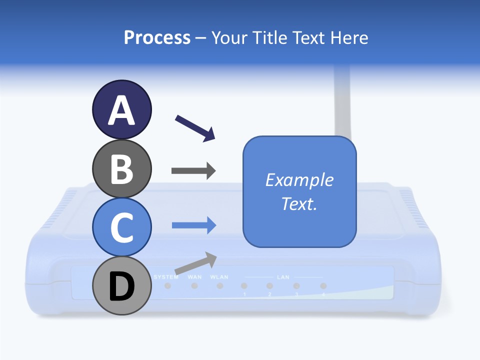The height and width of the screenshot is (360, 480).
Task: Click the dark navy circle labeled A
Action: click(x=121, y=110)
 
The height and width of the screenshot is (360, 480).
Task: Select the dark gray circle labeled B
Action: click(x=121, y=169)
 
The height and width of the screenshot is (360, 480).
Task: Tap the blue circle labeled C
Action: click(x=121, y=227)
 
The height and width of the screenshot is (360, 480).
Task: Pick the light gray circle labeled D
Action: click(x=121, y=286)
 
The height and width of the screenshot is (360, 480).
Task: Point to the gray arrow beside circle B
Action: click(x=193, y=170)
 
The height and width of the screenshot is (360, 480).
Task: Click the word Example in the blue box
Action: click(x=299, y=180)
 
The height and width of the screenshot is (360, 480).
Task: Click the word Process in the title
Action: click(x=157, y=37)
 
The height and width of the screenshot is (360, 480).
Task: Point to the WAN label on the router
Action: click(x=194, y=277)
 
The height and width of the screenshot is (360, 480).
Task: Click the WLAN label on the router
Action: click(x=219, y=277)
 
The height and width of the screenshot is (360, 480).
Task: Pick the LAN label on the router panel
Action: click(x=283, y=277)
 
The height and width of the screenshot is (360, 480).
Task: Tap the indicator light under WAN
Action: click(x=194, y=286)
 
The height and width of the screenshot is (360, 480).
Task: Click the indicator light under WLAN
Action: click(x=219, y=286)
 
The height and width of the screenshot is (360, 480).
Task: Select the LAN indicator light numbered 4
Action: click(x=323, y=286)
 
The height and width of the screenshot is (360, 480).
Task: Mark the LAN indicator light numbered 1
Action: click(x=244, y=286)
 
